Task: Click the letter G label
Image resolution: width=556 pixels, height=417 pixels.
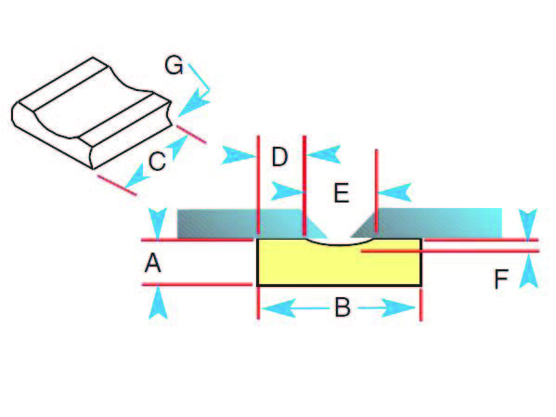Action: point(174,66)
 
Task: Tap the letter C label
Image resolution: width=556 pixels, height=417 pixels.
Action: point(157,161)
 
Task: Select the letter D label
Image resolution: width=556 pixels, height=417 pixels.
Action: point(279,157)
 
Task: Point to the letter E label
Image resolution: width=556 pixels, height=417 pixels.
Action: point(342,193)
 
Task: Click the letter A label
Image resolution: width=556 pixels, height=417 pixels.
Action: point(153,264)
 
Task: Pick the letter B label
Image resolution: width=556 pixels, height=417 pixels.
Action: point(343,307)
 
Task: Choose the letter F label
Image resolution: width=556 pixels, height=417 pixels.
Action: point(501,280)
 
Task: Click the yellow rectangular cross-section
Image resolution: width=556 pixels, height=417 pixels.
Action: point(339,263)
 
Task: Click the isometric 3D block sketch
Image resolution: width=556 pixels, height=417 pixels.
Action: point(92,113)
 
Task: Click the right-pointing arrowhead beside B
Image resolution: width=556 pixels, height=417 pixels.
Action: point(398,308)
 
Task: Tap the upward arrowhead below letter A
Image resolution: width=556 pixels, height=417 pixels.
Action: point(158,303)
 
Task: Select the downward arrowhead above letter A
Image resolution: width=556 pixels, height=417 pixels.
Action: point(158,224)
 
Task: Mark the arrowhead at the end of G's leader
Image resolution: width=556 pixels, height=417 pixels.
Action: point(194,103)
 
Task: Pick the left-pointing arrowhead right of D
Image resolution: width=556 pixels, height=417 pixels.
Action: point(324,154)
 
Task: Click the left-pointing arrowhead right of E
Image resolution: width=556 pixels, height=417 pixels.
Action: point(394,192)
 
